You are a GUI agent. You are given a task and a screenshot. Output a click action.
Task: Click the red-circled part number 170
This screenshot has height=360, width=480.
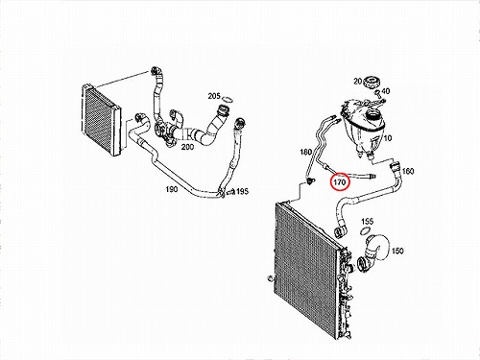[x=340, y=182]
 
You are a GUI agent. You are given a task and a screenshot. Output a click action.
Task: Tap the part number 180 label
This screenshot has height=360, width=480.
[x=305, y=152]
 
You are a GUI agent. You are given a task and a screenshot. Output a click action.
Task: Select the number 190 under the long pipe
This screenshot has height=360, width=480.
[x=172, y=189]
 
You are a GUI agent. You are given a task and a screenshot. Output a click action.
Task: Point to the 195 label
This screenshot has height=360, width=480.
[x=242, y=191]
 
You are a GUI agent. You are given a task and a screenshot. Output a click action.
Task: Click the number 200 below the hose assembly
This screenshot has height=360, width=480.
[x=187, y=147]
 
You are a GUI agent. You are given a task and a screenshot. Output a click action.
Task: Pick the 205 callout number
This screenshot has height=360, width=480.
[x=214, y=96]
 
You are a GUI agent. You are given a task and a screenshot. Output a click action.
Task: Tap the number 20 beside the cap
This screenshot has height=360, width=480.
[x=357, y=82]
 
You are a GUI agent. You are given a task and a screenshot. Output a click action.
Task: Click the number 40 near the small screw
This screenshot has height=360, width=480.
[x=386, y=91]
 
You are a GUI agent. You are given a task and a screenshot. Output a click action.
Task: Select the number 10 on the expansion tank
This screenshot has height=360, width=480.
[x=387, y=138]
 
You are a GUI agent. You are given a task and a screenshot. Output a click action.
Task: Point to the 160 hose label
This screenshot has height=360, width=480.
[x=408, y=172]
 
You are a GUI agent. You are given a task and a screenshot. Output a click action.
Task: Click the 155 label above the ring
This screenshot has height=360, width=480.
[x=368, y=222]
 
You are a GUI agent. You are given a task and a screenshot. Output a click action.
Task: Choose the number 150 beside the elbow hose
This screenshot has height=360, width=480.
[x=397, y=251]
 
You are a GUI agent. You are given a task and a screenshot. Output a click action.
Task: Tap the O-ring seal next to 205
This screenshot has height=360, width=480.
[x=228, y=100]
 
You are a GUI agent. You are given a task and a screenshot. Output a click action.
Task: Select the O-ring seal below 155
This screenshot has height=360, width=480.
[x=365, y=230]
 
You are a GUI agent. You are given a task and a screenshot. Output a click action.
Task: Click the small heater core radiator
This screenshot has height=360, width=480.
[x=102, y=120]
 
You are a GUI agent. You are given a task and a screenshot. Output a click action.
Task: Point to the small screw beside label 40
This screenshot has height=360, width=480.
[x=377, y=93]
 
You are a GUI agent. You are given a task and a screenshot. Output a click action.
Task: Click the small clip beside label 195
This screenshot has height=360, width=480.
[x=230, y=192]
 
